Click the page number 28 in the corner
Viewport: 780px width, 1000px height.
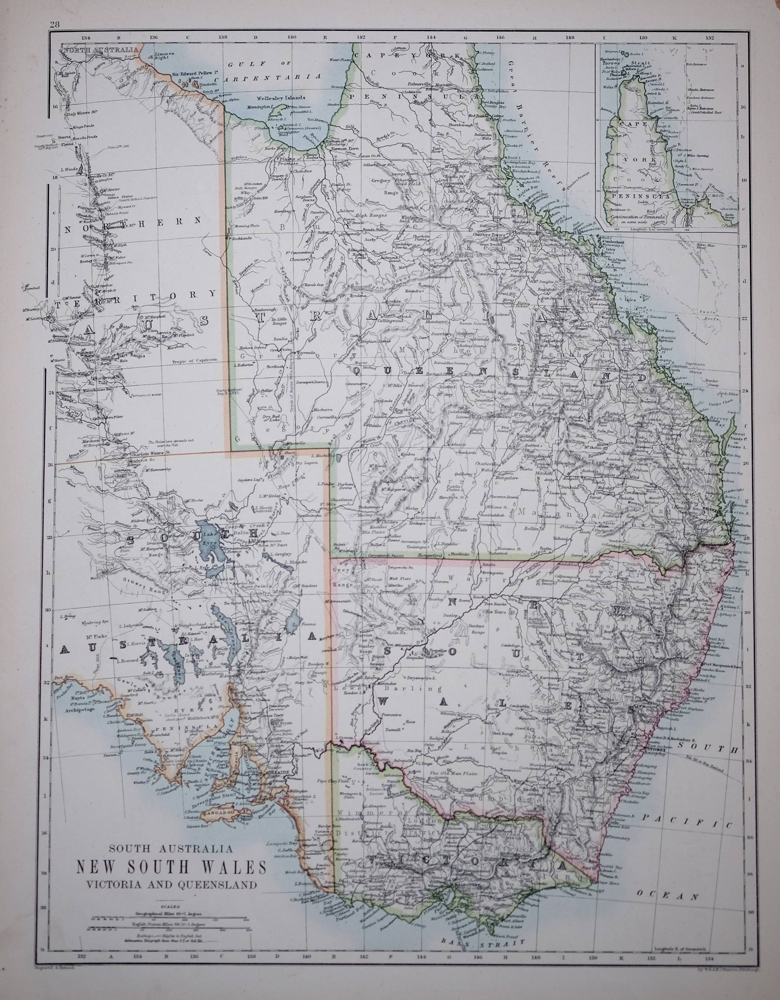click(x=55, y=26)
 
